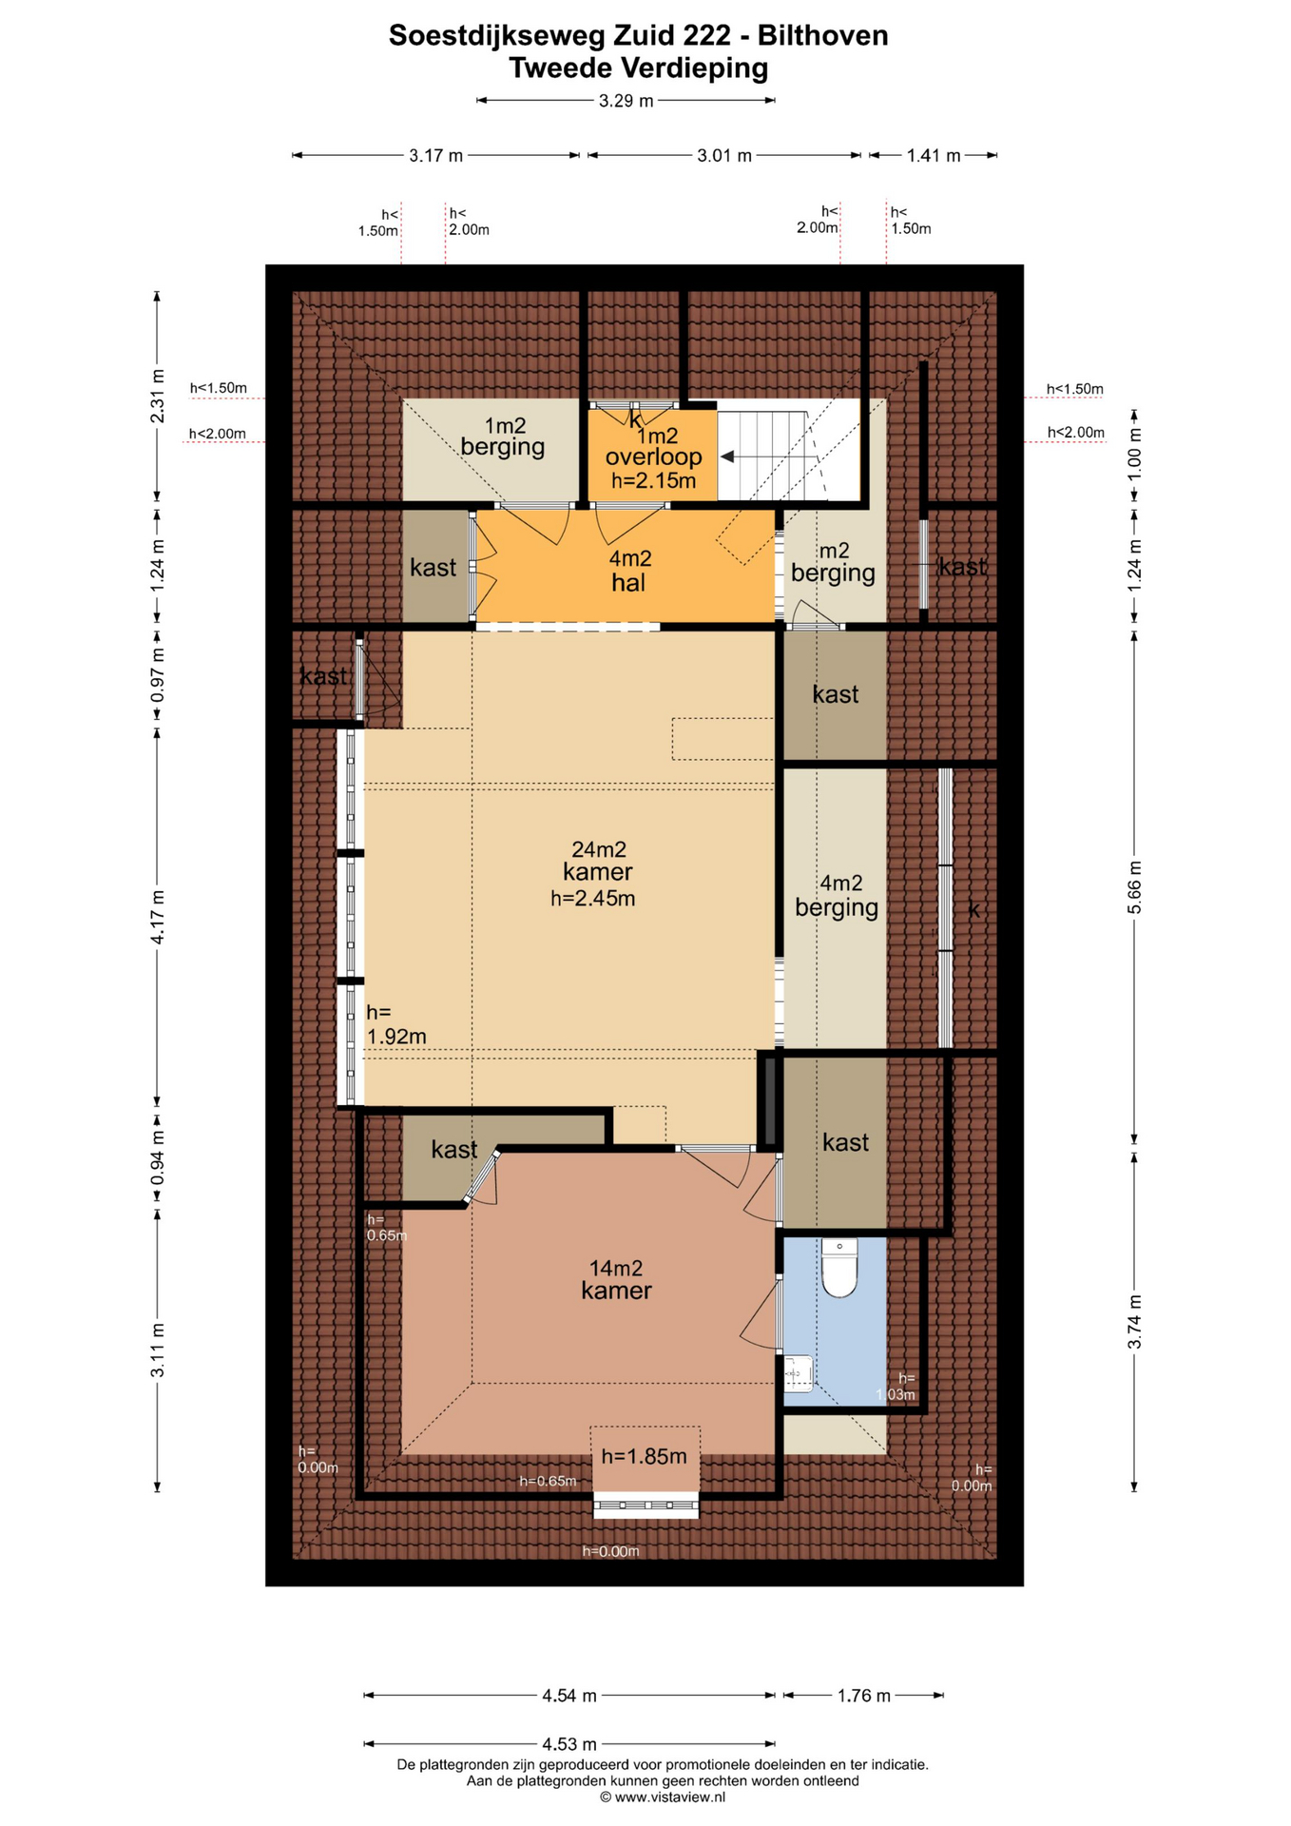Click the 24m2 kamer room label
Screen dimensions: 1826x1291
click(x=597, y=872)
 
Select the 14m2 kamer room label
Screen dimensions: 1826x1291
click(x=616, y=1279)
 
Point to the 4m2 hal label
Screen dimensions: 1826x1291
click(x=629, y=571)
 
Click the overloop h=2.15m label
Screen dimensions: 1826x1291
click(x=653, y=457)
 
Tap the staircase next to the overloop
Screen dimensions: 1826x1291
click(x=770, y=456)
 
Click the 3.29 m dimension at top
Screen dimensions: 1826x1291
click(x=626, y=101)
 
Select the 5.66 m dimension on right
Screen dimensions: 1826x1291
click(x=1134, y=887)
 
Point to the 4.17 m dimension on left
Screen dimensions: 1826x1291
click(x=158, y=917)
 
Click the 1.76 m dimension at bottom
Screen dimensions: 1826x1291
click(x=863, y=1695)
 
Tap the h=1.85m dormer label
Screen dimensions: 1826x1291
click(x=644, y=1456)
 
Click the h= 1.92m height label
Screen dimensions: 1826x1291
click(x=395, y=1025)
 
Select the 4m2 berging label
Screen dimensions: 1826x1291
click(x=837, y=895)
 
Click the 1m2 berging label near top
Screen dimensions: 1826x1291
click(x=503, y=437)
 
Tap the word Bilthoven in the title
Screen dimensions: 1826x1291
click(x=822, y=35)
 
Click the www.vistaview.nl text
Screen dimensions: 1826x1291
click(x=669, y=1797)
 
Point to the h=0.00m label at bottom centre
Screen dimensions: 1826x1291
click(x=610, y=1551)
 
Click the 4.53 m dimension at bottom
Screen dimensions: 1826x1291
click(x=568, y=1743)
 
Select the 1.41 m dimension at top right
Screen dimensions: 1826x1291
click(x=933, y=156)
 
